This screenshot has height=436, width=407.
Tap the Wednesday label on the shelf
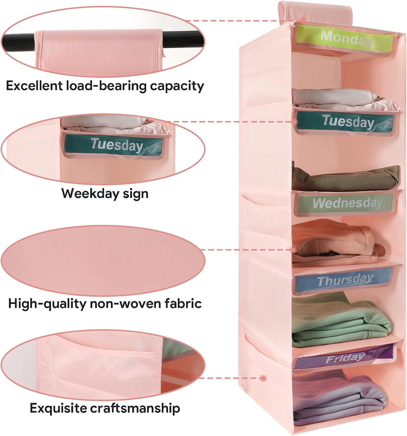345,203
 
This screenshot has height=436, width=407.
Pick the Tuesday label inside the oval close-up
114,145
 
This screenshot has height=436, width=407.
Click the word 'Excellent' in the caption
34,86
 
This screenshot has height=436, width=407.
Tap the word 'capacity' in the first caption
177,86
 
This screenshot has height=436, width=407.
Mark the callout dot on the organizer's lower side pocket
263,378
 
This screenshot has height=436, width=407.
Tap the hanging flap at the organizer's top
315,12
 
